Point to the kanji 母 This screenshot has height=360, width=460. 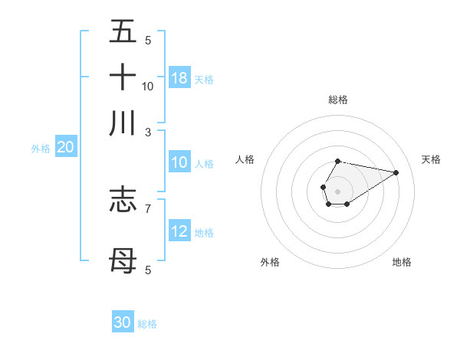(x=123, y=260)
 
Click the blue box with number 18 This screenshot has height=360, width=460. (x=179, y=78)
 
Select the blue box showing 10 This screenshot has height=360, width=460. (x=179, y=162)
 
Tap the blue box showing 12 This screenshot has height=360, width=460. (x=179, y=231)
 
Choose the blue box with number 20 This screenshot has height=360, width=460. (x=65, y=148)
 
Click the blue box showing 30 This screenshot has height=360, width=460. (x=123, y=322)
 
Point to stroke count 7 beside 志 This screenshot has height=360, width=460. (x=147, y=208)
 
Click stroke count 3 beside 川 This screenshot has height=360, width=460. (x=147, y=132)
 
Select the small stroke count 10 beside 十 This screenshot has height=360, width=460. (x=147, y=86)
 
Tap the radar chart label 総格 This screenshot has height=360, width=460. (x=337, y=100)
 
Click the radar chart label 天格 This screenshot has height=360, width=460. (x=431, y=159)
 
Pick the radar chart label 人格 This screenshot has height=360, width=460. (x=245, y=159)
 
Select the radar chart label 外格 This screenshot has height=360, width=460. (x=270, y=262)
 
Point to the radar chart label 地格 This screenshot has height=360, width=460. (x=402, y=262)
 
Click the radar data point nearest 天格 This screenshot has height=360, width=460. (x=396, y=172)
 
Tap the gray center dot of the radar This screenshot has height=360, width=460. (x=337, y=190)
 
